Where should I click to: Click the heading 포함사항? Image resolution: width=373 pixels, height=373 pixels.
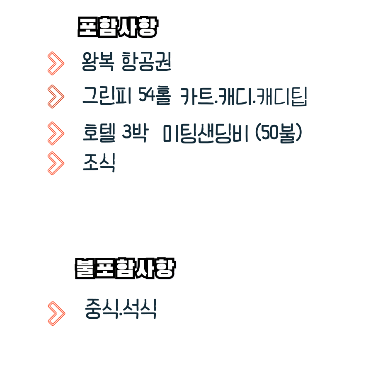(118, 28)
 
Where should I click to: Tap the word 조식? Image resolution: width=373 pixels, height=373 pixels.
(99, 162)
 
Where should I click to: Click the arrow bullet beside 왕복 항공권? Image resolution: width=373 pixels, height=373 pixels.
(56, 63)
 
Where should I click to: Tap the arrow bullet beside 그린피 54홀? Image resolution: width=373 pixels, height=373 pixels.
(56, 97)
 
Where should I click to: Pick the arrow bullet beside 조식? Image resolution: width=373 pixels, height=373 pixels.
(56, 163)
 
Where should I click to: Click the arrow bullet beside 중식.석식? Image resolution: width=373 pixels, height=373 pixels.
(56, 313)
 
